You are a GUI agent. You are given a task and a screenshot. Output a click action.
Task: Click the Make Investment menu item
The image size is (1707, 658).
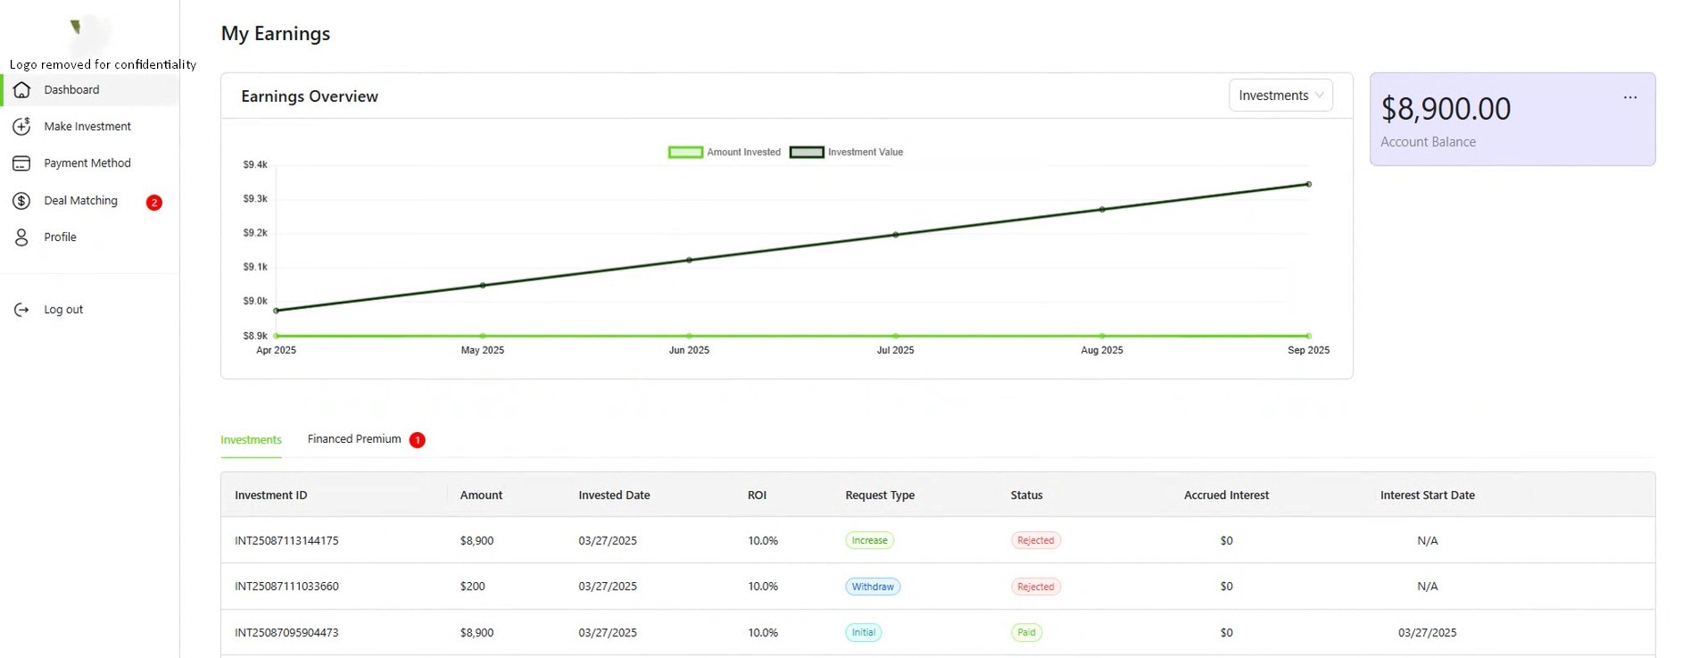(x=87, y=127)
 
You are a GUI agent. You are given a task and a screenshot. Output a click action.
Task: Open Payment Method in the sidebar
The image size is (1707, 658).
(x=87, y=163)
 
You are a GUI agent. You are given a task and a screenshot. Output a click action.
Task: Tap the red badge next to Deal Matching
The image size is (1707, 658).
(x=153, y=203)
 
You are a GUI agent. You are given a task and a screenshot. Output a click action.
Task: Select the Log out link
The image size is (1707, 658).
(x=62, y=310)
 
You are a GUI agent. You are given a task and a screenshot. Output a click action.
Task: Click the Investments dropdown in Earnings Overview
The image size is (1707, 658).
(x=1280, y=96)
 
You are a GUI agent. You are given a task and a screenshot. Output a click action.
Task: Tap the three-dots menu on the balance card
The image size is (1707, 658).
(x=1629, y=97)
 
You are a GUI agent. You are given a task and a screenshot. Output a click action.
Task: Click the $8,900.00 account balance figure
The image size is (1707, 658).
(x=1446, y=109)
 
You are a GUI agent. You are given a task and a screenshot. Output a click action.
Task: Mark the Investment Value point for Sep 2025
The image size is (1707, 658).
(x=1308, y=185)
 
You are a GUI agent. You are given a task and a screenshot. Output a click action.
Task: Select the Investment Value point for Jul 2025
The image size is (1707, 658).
(x=895, y=235)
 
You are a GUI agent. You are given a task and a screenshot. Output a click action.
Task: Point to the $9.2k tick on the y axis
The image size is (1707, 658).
(x=255, y=233)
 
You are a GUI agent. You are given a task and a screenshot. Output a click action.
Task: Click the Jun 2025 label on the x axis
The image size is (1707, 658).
(x=689, y=350)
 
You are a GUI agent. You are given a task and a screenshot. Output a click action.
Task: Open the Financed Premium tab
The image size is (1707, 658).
(x=354, y=439)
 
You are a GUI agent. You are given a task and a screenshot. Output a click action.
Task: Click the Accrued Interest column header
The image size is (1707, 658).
(x=1225, y=496)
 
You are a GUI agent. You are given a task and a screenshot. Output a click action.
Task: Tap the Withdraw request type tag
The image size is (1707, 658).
(x=872, y=587)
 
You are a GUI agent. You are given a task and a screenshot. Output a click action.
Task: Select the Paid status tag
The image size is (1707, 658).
(x=1026, y=632)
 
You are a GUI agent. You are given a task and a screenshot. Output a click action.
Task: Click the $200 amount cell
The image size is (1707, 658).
(x=472, y=587)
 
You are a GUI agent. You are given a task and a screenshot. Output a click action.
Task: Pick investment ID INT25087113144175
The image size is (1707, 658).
(x=286, y=541)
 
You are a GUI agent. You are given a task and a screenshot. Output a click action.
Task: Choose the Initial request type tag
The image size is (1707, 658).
(x=863, y=632)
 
